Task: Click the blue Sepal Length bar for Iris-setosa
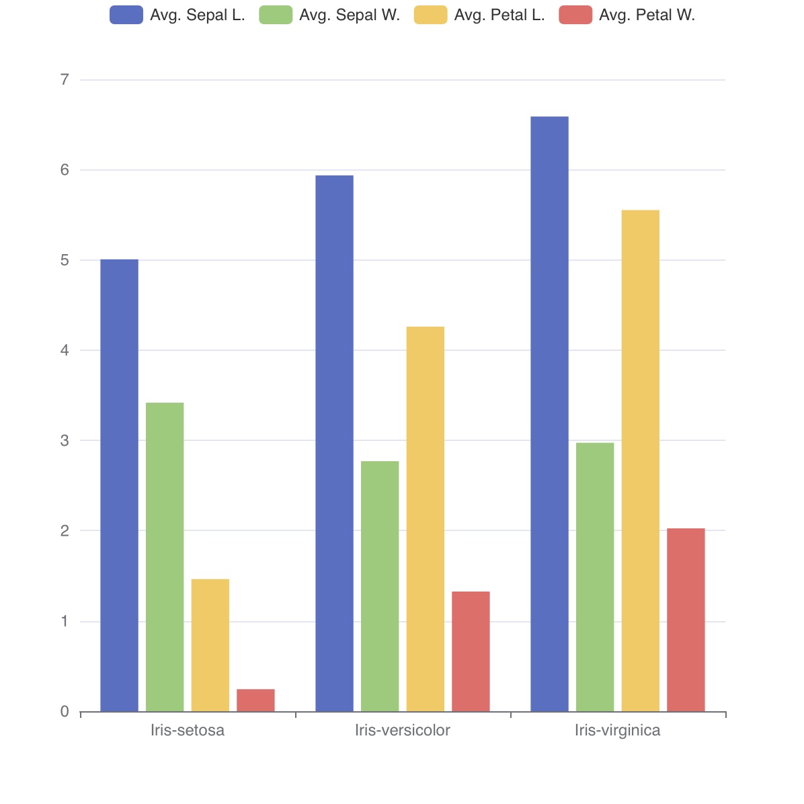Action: pyautogui.click(x=119, y=485)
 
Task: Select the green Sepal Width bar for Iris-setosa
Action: pyautogui.click(x=165, y=557)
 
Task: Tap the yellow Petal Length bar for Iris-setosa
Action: pyautogui.click(x=210, y=645)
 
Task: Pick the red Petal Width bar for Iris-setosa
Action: pyautogui.click(x=255, y=700)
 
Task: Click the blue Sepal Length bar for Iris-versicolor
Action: pyautogui.click(x=334, y=444)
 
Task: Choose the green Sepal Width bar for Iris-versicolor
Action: pyautogui.click(x=380, y=586)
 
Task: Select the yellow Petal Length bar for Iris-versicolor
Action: pyautogui.click(x=426, y=519)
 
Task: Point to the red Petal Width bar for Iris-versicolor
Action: pyautogui.click(x=471, y=651)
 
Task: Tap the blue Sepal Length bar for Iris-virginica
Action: pyautogui.click(x=549, y=414)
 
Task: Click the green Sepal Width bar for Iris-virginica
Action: pyautogui.click(x=595, y=577)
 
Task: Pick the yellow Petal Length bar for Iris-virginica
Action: pyautogui.click(x=641, y=460)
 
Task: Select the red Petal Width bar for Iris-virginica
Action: pyautogui.click(x=686, y=620)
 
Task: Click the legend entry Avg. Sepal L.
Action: pyautogui.click(x=177, y=15)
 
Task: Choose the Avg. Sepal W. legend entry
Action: pyautogui.click(x=329, y=15)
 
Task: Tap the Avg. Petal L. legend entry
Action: pyautogui.click(x=479, y=15)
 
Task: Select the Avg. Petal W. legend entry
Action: pyautogui.click(x=627, y=15)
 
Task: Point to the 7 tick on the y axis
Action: pyautogui.click(x=65, y=80)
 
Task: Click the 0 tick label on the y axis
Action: pyautogui.click(x=65, y=712)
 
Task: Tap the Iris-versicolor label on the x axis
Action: pyautogui.click(x=403, y=731)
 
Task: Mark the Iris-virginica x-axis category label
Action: pyautogui.click(x=618, y=731)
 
